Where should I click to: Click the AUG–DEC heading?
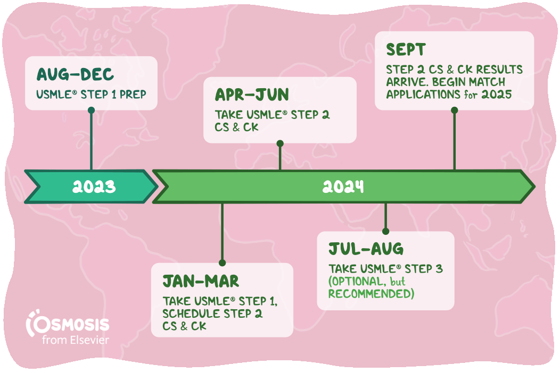tap(75, 74)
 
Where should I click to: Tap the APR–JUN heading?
tap(252, 95)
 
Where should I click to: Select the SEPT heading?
tap(406, 49)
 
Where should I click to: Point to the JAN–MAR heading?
tap(201, 282)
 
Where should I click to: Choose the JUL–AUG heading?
tap(366, 249)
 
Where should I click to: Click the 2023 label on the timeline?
tap(94, 186)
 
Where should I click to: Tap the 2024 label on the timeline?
tap(343, 186)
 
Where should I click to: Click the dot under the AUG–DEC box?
tap(92, 110)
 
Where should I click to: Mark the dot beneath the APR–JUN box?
tap(280, 143)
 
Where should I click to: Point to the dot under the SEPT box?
tap(454, 110)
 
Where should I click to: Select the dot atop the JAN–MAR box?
tap(222, 263)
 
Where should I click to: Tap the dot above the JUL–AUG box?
tap(385, 232)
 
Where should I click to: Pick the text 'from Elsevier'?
tap(76, 340)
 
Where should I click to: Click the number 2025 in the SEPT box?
tap(497, 95)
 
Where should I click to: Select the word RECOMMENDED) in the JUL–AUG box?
tap(372, 294)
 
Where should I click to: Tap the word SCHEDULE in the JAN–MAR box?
tap(192, 314)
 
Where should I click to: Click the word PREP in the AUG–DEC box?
tap(133, 95)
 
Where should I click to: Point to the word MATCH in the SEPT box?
tap(488, 82)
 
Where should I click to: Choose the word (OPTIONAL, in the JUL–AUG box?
tap(358, 282)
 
